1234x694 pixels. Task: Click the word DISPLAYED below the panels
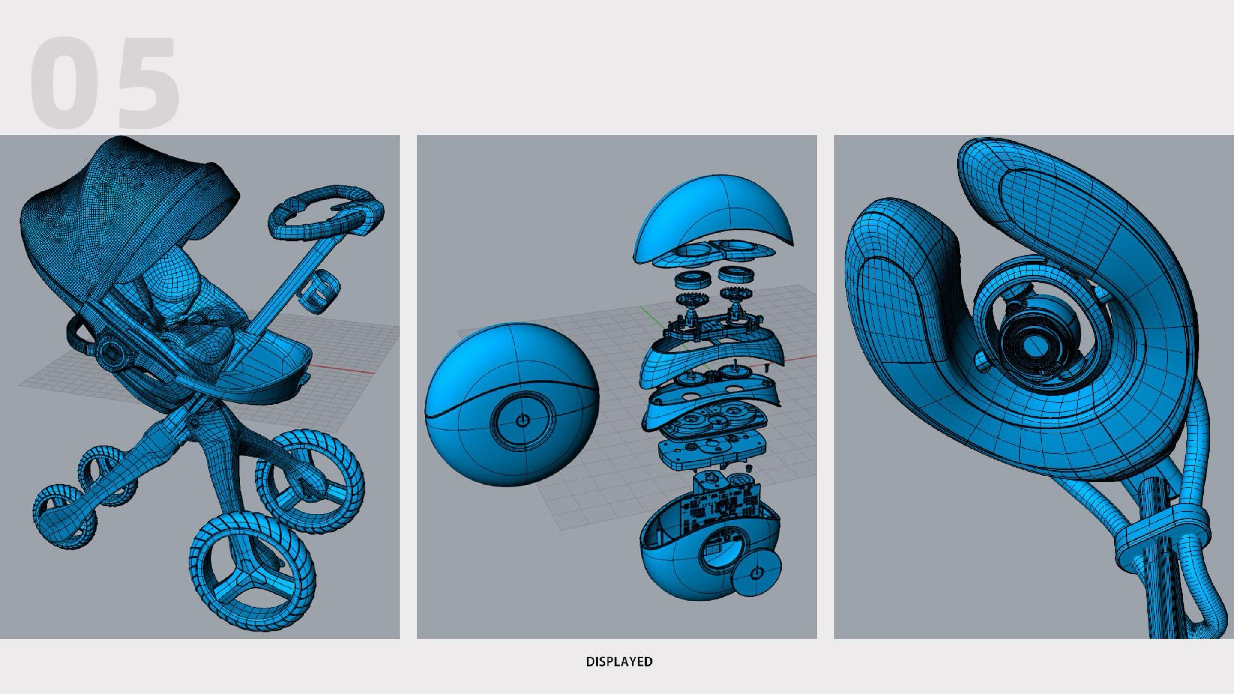click(619, 661)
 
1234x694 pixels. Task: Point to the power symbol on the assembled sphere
click(523, 421)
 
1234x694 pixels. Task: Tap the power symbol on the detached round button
click(756, 573)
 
